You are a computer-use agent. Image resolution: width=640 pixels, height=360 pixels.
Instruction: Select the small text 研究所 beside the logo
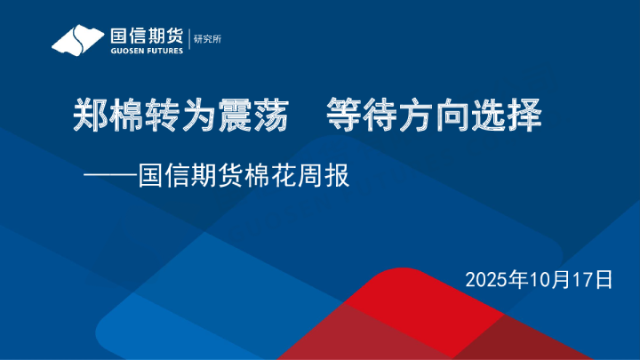207,39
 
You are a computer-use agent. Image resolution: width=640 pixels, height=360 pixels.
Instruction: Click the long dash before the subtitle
110,175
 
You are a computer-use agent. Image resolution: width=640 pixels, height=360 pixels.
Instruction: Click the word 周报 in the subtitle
324,175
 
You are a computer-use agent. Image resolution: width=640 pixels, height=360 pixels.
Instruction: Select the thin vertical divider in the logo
190,39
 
